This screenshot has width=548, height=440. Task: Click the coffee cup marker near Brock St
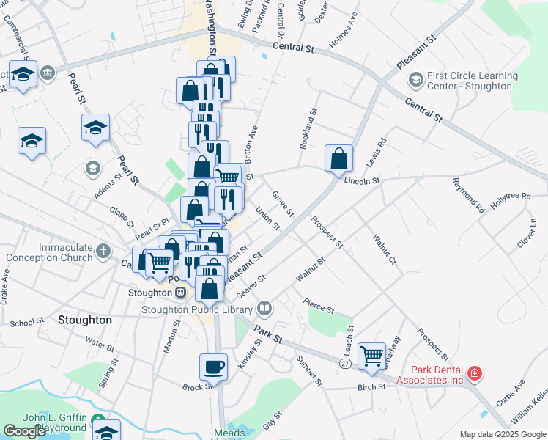coord(214,366)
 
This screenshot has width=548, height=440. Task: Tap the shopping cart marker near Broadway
coord(371,356)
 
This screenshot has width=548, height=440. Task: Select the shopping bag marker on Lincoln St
coord(339,158)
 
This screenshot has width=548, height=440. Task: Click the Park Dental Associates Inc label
coord(431,375)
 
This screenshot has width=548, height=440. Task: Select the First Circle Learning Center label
coord(473,81)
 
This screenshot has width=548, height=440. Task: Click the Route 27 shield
coord(344,363)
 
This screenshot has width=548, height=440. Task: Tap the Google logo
coord(24,431)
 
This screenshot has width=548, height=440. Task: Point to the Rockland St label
coord(308,130)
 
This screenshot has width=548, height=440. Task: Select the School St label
coord(28,323)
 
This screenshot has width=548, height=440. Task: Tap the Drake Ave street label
coord(6,287)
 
